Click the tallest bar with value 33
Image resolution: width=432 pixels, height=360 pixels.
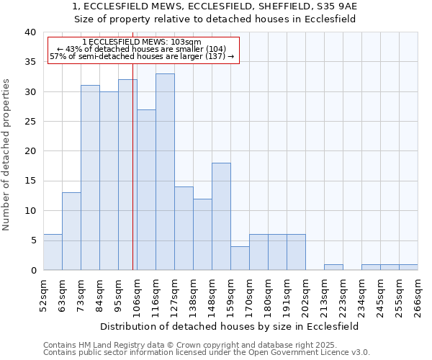(165, 172)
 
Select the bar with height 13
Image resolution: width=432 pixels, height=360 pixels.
(71, 231)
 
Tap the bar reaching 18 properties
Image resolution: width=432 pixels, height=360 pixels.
(221, 216)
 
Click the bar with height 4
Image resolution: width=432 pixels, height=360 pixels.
(240, 258)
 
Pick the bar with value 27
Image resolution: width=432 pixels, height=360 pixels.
(146, 190)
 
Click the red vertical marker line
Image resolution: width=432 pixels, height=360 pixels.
(133, 180)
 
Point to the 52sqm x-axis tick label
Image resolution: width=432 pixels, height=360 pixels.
(44, 293)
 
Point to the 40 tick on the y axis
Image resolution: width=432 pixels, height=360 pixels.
(30, 32)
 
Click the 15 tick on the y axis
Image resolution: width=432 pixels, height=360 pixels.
(30, 181)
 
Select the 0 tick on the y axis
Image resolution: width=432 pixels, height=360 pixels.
(32, 270)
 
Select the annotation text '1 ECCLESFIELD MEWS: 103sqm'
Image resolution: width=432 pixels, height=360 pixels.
(142, 42)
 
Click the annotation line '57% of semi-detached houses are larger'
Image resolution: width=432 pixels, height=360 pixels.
(142, 56)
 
